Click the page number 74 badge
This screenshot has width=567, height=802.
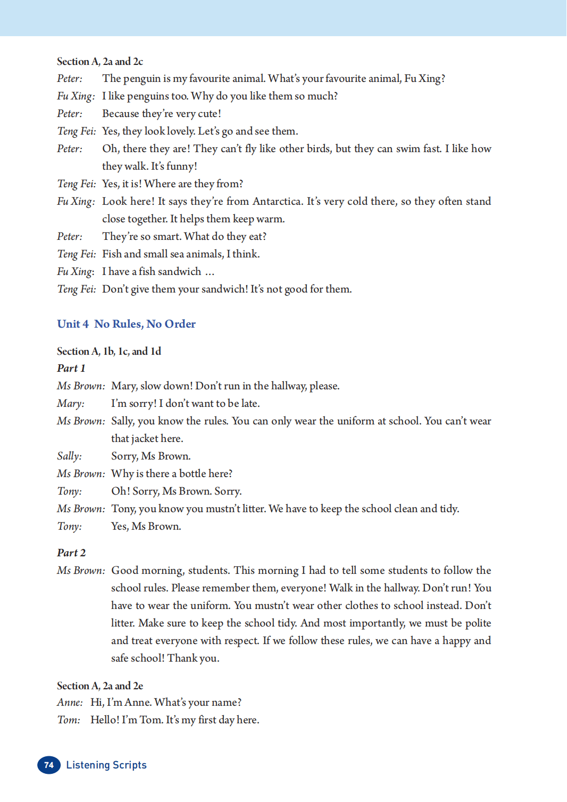pos(48,765)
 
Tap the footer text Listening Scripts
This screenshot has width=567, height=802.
pos(106,765)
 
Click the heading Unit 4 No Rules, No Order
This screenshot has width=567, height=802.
pos(126,324)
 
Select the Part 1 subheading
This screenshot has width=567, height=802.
pos(71,368)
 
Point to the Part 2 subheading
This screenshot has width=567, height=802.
pos(71,553)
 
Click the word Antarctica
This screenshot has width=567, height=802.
pos(277,201)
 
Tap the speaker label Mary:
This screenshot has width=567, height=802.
pos(71,403)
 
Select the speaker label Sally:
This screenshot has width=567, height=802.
pos(69,456)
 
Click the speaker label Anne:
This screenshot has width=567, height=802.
pos(70,702)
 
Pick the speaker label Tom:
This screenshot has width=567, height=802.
pos(69,720)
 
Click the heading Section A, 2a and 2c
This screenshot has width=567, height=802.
pos(100,61)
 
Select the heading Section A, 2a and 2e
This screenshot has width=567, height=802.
pos(100,686)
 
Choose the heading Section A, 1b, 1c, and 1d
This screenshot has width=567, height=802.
pos(109,351)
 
